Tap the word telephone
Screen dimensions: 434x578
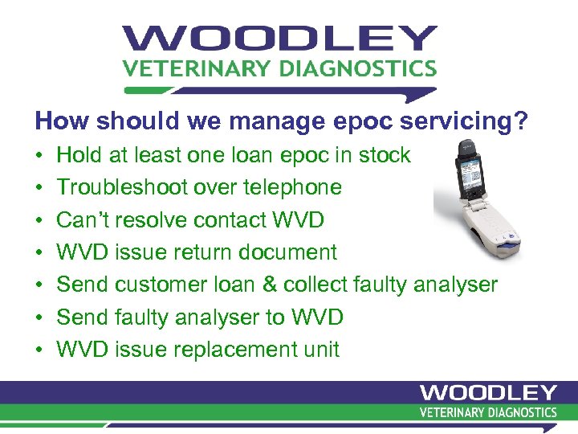pos(292,187)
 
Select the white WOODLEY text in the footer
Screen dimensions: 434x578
pos(488,393)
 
